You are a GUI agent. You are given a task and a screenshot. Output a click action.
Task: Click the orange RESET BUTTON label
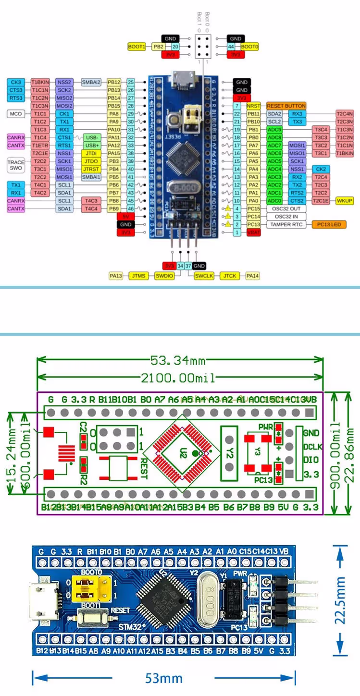286,106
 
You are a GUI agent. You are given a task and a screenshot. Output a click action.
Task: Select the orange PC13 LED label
329,224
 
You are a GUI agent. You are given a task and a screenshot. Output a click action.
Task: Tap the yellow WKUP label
345,201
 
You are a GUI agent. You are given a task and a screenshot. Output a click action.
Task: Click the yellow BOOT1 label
137,47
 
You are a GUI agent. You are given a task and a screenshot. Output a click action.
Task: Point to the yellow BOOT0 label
249,47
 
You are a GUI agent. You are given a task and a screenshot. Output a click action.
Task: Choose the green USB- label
92,137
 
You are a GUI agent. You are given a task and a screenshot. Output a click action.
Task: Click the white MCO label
16,114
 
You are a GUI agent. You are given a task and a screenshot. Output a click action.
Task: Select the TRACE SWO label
16,165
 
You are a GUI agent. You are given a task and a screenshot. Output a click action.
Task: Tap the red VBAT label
253,232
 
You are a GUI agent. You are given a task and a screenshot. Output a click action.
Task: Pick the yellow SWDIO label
164,276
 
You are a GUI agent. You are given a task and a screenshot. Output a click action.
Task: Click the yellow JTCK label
229,276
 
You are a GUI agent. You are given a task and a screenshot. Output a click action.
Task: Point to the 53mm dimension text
164,678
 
